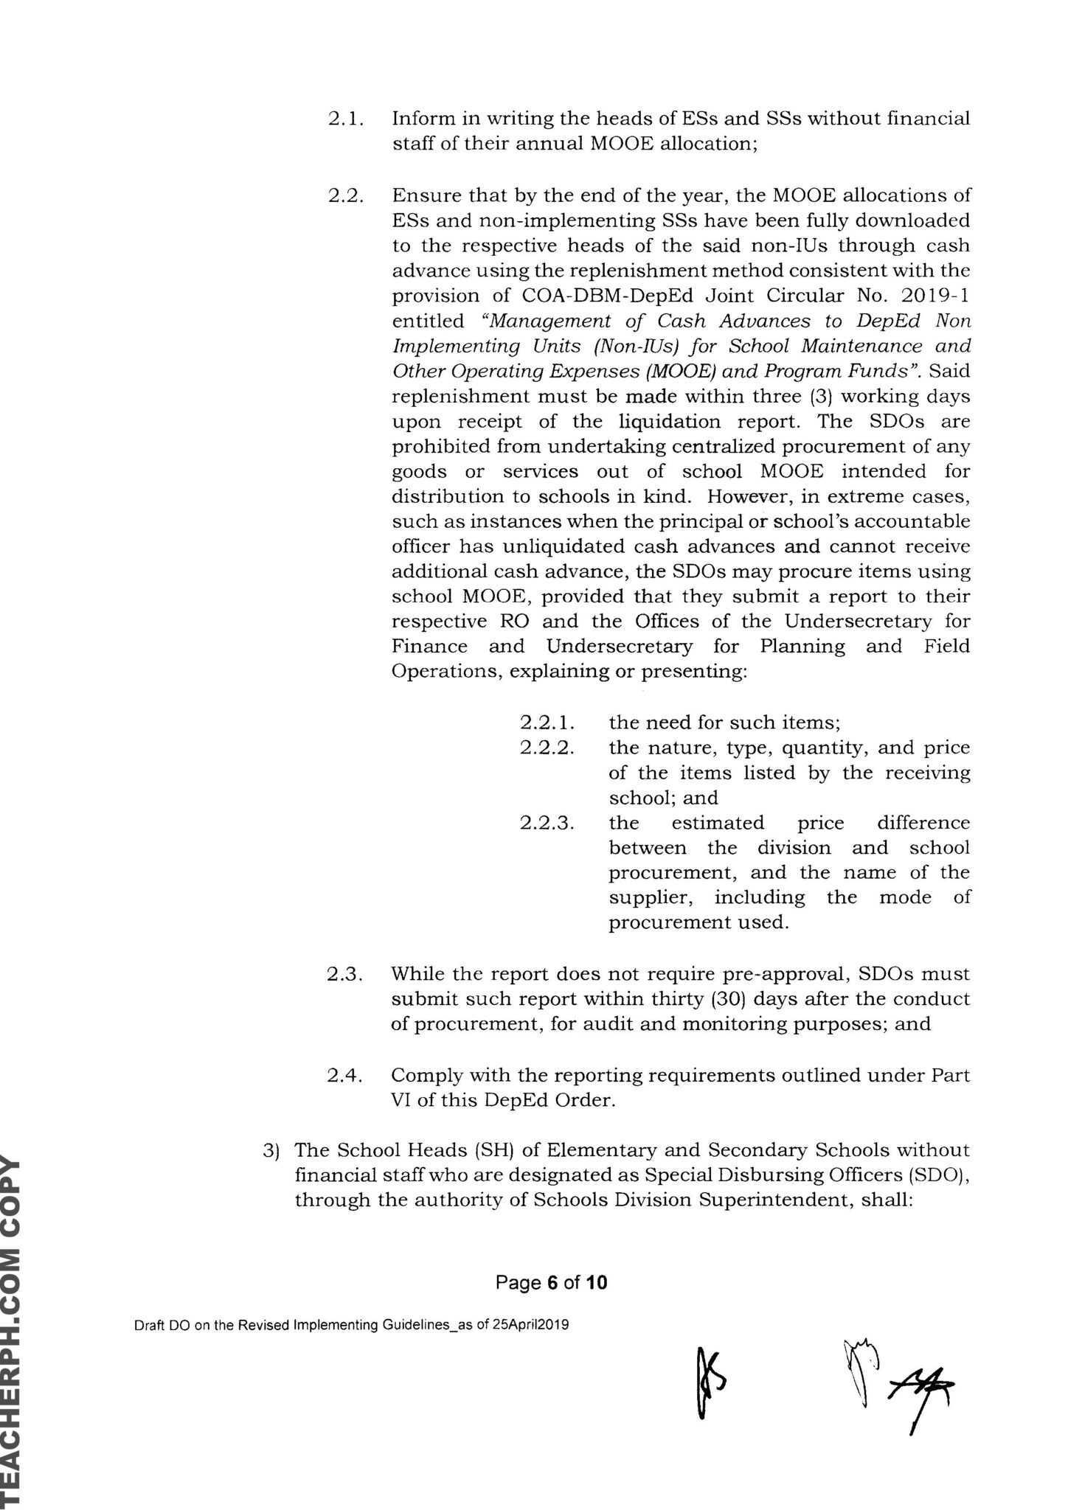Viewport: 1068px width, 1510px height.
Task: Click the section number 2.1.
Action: (344, 119)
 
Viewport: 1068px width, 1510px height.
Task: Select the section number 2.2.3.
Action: (547, 823)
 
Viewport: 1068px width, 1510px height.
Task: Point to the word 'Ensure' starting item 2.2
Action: (423, 196)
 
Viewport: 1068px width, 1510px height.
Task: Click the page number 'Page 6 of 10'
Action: (552, 1283)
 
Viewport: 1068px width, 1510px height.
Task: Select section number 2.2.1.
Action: (547, 723)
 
